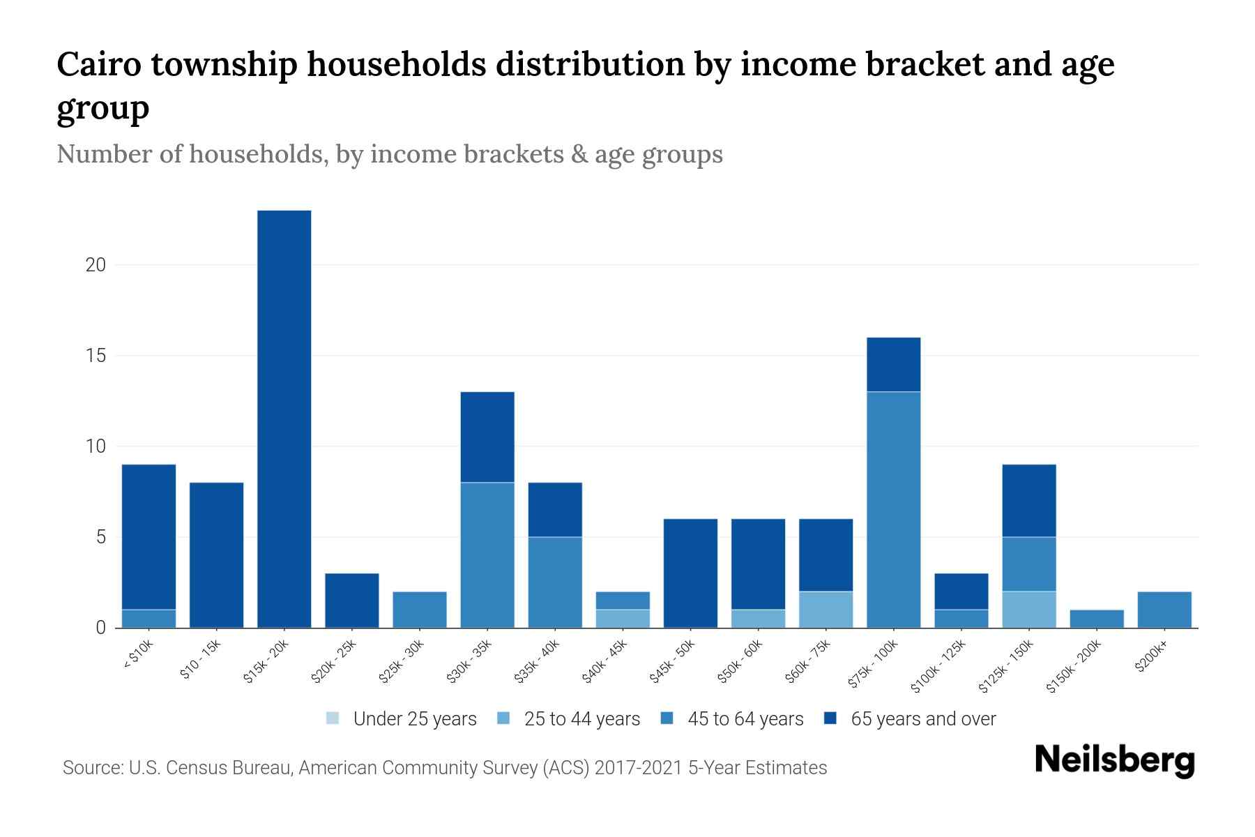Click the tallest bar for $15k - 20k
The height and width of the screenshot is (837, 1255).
point(284,418)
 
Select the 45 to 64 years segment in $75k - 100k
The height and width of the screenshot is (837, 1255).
point(893,509)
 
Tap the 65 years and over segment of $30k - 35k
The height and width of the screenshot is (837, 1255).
point(487,437)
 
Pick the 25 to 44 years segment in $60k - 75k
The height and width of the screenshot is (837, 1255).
point(826,609)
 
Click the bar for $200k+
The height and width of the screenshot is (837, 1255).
point(1164,609)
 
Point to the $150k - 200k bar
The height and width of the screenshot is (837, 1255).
point(1096,619)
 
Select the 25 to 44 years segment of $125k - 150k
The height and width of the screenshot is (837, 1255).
point(1028,609)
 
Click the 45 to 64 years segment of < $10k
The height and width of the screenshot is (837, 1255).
point(149,619)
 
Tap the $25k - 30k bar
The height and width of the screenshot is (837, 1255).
point(420,609)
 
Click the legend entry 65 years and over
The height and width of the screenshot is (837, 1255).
point(911,718)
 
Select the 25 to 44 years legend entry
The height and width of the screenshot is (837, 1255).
point(569,718)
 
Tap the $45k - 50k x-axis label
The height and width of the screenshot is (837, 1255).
point(672,662)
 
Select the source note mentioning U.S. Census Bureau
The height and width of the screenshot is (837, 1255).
point(444,768)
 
